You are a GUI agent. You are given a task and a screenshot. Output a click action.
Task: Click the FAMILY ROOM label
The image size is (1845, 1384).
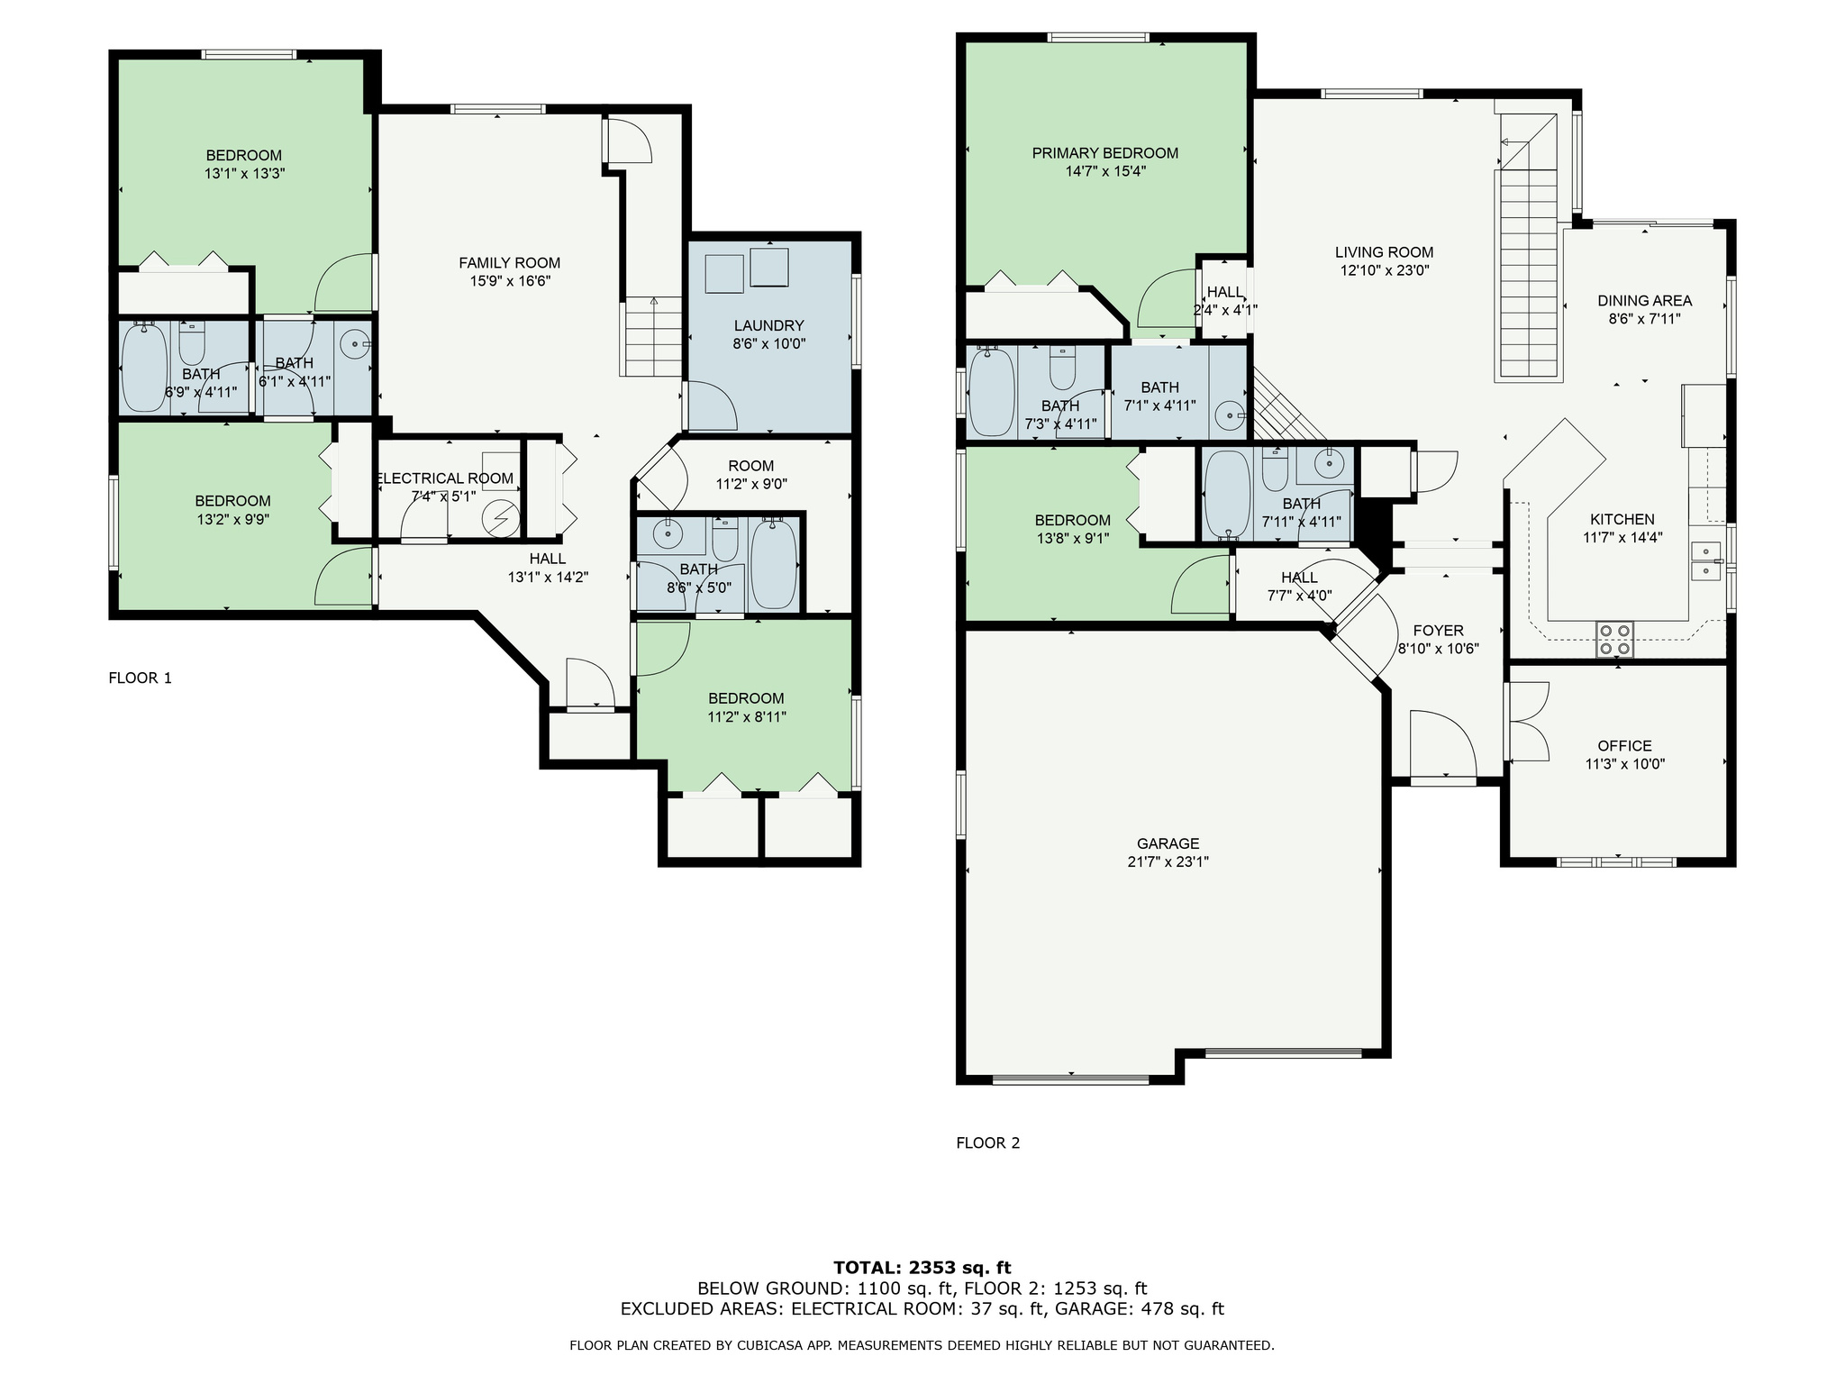509,263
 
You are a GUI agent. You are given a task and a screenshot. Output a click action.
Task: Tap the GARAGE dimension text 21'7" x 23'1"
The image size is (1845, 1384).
1168,861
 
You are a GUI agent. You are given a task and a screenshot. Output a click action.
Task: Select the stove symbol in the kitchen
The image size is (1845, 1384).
1613,639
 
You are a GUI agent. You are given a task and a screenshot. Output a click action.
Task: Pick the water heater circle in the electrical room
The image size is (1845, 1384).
501,518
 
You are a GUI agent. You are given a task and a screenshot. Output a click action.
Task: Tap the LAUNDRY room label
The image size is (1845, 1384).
768,325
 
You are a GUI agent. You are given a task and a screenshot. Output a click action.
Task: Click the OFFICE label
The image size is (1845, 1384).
1624,746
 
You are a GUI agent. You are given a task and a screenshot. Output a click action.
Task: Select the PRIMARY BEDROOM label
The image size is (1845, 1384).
1104,153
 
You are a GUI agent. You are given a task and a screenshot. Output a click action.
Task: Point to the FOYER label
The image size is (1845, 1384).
1438,631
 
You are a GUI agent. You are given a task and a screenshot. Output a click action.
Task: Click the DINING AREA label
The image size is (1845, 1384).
1644,301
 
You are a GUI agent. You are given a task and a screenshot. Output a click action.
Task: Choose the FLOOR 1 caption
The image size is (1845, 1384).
140,678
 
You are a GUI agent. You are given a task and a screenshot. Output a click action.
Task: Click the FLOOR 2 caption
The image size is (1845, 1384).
987,1143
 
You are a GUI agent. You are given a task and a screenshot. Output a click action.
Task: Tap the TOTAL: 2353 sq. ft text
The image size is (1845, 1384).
922,1269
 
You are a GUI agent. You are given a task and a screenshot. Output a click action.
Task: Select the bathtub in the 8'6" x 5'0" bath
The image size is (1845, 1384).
774,563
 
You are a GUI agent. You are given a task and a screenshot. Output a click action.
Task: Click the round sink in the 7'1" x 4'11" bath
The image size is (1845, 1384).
1230,416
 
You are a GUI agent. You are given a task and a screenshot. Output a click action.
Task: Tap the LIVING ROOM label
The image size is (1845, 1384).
1384,252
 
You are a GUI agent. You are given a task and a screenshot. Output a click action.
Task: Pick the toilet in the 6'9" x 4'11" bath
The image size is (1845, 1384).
192,341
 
